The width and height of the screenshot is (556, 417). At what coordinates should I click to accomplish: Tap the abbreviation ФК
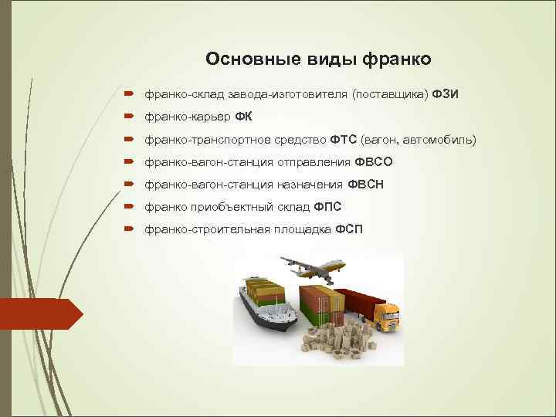tap(243, 117)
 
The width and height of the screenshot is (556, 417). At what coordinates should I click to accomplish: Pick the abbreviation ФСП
tap(349, 230)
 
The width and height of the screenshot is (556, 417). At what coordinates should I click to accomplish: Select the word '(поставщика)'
tap(389, 94)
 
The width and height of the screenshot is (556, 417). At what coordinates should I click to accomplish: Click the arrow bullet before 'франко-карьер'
tap(127, 117)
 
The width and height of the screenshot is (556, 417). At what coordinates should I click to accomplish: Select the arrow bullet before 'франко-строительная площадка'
tap(127, 230)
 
